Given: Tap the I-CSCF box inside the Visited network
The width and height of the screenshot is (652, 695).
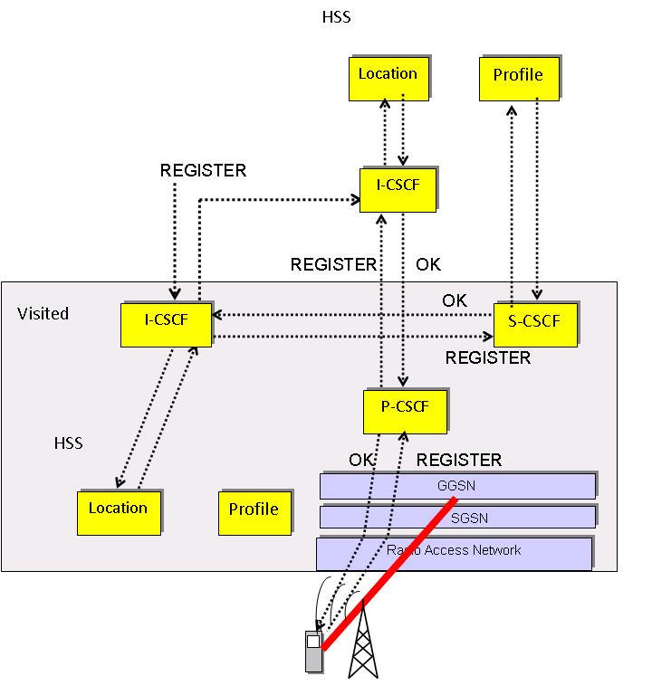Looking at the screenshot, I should click(166, 323).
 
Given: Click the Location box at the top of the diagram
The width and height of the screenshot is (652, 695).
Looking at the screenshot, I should click(388, 76).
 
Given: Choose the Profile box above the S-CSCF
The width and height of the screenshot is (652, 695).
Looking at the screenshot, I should click(518, 76).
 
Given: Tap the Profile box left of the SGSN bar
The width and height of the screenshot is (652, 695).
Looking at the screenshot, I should click(254, 511).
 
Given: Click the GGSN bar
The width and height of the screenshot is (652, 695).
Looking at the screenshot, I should click(457, 486).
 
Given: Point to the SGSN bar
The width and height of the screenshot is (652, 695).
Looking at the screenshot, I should click(457, 517).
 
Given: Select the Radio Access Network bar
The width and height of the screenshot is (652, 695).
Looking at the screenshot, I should click(454, 551).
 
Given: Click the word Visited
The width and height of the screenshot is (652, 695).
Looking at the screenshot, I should click(43, 314).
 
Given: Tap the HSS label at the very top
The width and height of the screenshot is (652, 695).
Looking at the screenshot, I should click(337, 17).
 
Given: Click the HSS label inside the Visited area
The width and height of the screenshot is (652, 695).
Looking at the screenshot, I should click(68, 443).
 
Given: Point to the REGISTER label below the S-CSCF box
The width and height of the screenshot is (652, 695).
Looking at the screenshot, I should click(487, 358).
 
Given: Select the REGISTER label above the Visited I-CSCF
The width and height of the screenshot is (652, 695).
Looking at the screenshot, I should click(203, 170).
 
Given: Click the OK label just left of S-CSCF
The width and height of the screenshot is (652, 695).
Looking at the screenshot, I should click(455, 300).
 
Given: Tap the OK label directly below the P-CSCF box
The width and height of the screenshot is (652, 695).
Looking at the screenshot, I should click(362, 460).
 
